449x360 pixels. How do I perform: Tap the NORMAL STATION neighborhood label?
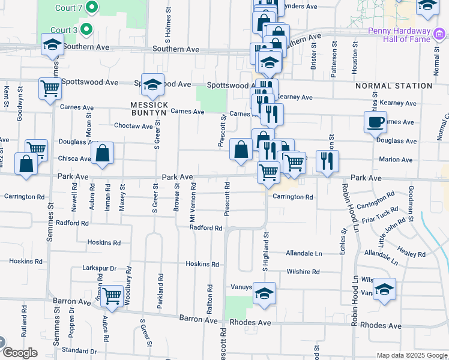point(394,86)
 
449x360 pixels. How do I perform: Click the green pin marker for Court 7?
point(92,8)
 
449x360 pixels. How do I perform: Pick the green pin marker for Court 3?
point(86,29)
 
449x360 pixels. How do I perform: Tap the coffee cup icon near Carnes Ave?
point(376,122)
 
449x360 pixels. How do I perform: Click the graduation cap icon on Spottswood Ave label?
point(152,85)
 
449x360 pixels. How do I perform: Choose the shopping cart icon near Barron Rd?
point(112,295)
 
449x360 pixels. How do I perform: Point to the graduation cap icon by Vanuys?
point(264,293)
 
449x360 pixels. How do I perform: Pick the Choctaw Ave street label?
point(134,126)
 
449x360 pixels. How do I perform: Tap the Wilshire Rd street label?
point(303,271)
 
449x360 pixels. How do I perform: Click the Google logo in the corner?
point(20,353)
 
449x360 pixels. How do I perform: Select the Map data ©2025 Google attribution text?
point(411,355)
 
